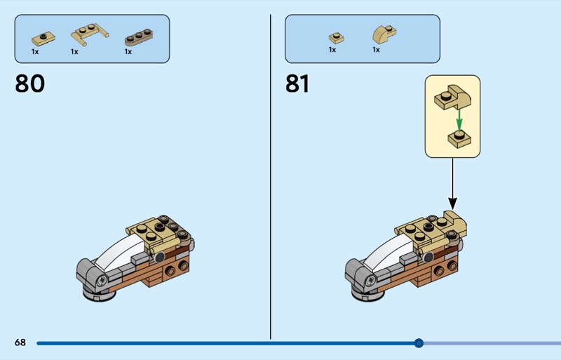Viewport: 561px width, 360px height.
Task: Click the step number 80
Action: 29,84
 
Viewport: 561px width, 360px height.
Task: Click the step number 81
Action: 297,84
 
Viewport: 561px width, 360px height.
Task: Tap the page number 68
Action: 20,342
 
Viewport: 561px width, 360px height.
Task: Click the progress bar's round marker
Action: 419,343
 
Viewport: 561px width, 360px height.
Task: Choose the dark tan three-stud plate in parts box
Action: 138,36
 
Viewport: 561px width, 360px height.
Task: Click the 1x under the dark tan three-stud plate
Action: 128,51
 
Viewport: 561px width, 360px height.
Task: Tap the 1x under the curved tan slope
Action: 376,50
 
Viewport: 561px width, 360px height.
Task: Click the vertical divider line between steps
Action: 271,175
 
